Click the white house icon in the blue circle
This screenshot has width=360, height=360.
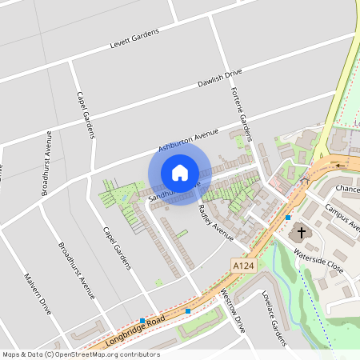pyautogui.click(x=180, y=172)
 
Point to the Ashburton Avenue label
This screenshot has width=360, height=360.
pyautogui.click(x=188, y=138)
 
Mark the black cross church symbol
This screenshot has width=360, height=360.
pyautogui.click(x=302, y=233)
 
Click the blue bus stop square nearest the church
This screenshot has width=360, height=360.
pyautogui.click(x=288, y=218)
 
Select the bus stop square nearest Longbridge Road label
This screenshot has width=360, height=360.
pyautogui.click(x=142, y=321)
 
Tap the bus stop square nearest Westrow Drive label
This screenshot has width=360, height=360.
pyautogui.click(x=188, y=310)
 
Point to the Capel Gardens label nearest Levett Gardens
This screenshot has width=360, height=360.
pyautogui.click(x=86, y=114)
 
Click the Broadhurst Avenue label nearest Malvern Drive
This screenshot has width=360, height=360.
pyautogui.click(x=77, y=269)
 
